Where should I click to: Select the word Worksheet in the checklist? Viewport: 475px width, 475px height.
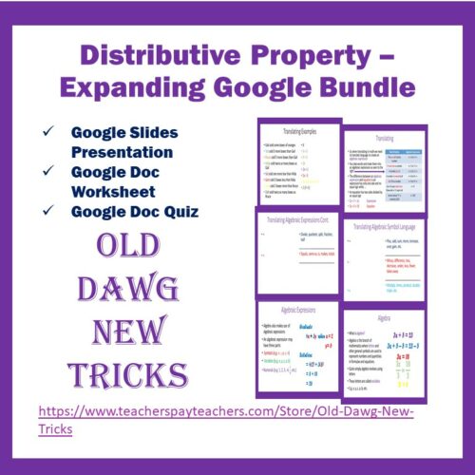[x=118, y=187]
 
